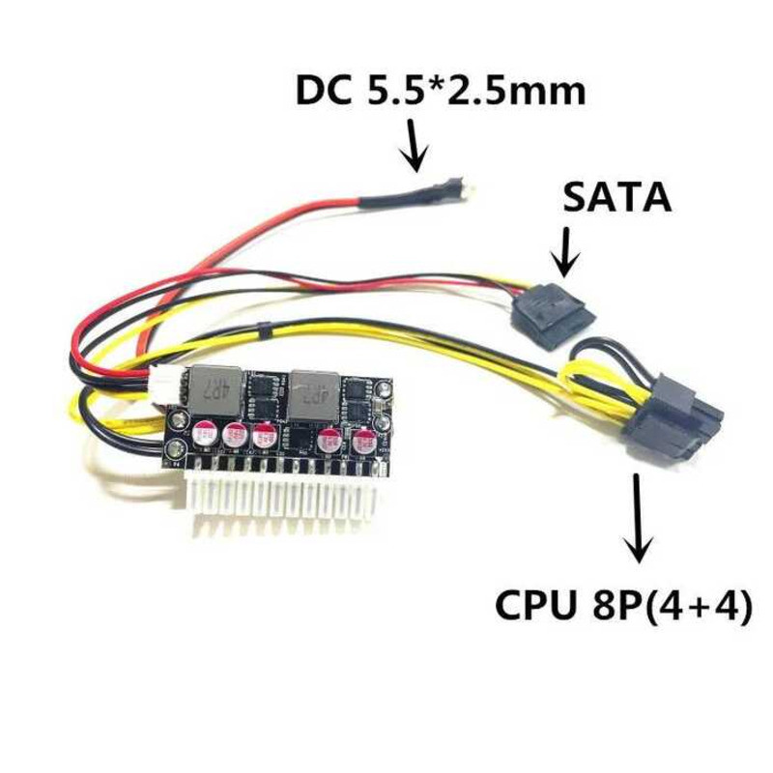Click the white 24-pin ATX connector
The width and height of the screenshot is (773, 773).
pos(280,493)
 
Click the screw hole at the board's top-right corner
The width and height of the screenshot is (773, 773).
pos(385,391)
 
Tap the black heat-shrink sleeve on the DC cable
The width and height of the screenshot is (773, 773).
pos(391,201)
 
